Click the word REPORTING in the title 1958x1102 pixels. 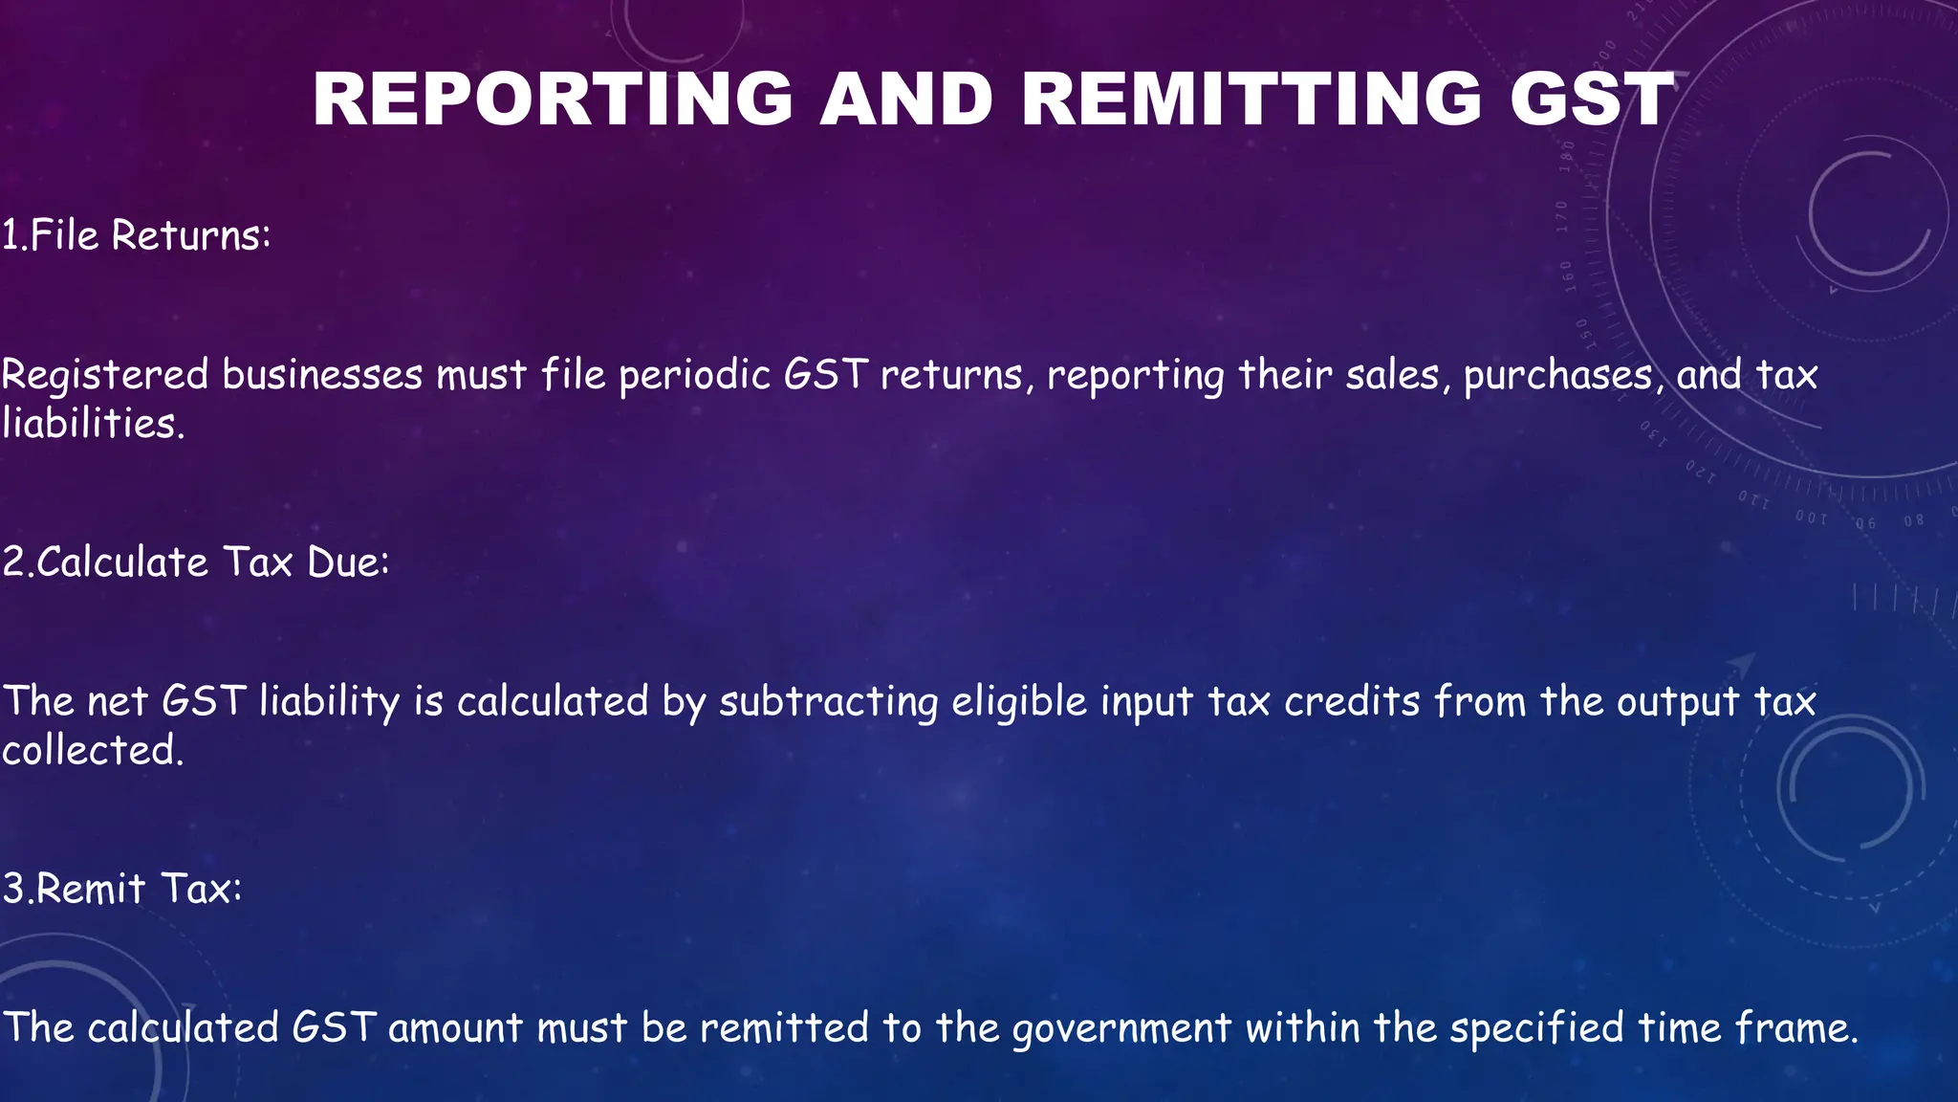(x=553, y=99)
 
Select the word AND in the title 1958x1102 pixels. (x=906, y=99)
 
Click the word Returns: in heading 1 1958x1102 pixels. (x=191, y=235)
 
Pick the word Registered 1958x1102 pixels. (x=105, y=374)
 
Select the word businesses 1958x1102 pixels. (x=322, y=374)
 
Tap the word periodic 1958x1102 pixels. (x=695, y=374)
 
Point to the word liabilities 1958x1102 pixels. (x=92, y=423)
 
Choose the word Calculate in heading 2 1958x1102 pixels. (x=122, y=562)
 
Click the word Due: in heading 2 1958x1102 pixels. (x=348, y=562)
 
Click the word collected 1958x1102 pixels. (x=92, y=750)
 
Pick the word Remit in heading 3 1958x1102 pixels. (x=91, y=889)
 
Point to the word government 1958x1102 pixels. (x=1121, y=1028)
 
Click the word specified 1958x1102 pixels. (x=1536, y=1028)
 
